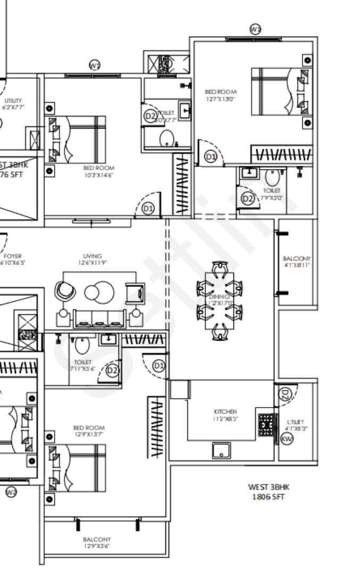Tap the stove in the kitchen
pyautogui.click(x=266, y=425)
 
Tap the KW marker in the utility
pyautogui.click(x=287, y=439)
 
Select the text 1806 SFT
pyautogui.click(x=269, y=497)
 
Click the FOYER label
pyautogui.click(x=12, y=256)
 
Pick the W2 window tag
pyautogui.click(x=11, y=492)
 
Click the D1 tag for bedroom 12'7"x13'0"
pyautogui.click(x=211, y=157)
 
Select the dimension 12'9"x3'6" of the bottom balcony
pyautogui.click(x=97, y=546)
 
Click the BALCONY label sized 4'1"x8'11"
pyautogui.click(x=297, y=258)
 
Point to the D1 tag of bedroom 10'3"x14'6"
pyautogui.click(x=148, y=209)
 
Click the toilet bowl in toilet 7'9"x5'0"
pyautogui.click(x=272, y=177)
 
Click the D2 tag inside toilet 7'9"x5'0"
pyautogui.click(x=248, y=199)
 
